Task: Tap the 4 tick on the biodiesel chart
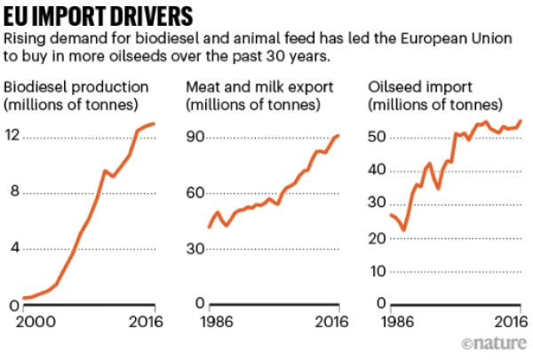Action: [13, 249]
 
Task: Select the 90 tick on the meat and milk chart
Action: [195, 137]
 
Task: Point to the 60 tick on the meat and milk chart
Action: [195, 193]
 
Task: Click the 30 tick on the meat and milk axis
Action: [195, 249]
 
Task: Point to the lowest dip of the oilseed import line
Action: [404, 230]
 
